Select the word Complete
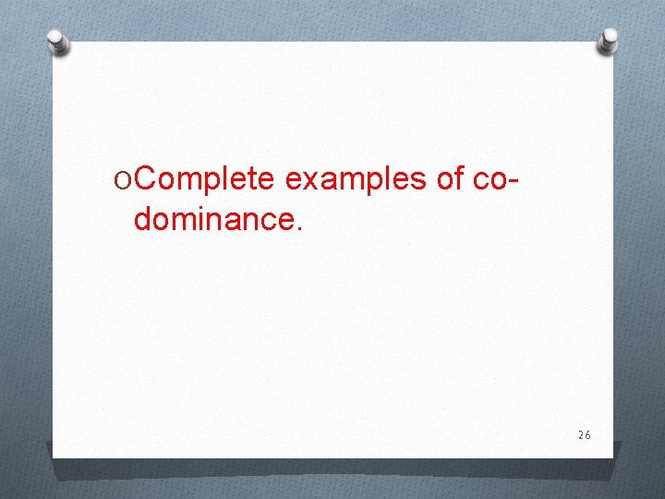204,178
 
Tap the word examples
356,179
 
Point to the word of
450,178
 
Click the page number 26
584,434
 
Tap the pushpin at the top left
58,42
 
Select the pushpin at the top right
609,40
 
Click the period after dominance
296,226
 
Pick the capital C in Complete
143,178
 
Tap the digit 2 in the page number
580,434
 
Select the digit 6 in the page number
587,434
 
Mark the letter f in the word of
457,177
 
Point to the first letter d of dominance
142,219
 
